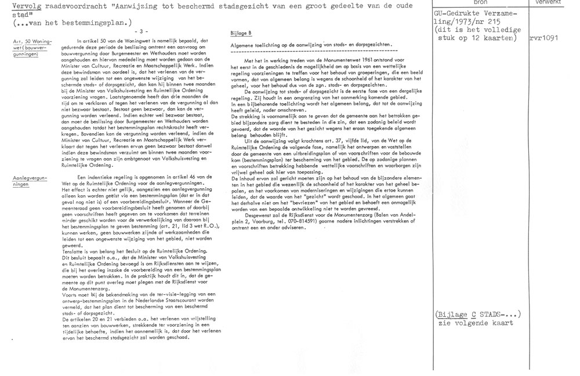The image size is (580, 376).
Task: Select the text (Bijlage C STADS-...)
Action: [x=478, y=314]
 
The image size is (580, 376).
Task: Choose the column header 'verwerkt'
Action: [x=553, y=2]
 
